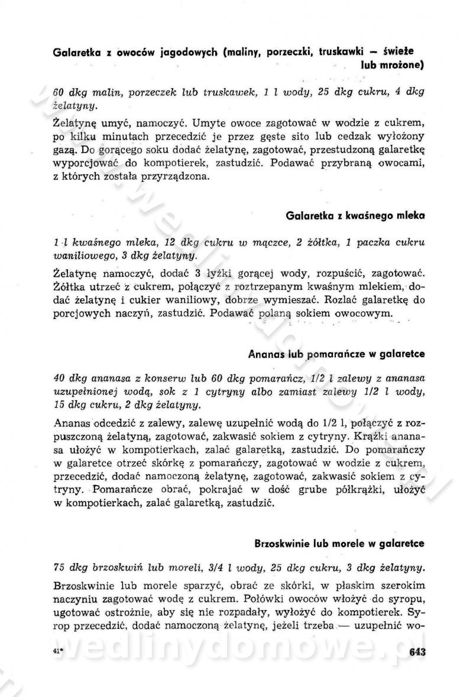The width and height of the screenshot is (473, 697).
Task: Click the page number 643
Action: [417, 652]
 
